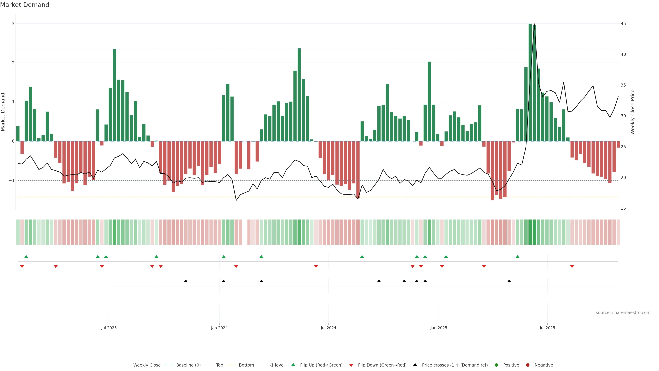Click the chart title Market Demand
[x=25, y=5]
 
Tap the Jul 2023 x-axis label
[x=109, y=328]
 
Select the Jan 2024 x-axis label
[x=219, y=328]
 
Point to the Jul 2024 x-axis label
[x=328, y=328]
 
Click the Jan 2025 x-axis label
[x=439, y=328]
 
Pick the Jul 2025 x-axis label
[x=547, y=328]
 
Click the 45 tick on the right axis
[x=623, y=24]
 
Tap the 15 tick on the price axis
[x=623, y=208]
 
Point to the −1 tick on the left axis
[x=12, y=181]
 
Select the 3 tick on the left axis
[x=13, y=24]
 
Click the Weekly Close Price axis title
[x=633, y=112]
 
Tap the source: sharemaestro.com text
[x=623, y=313]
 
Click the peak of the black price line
[x=534, y=24]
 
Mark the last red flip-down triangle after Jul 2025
[x=572, y=267]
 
